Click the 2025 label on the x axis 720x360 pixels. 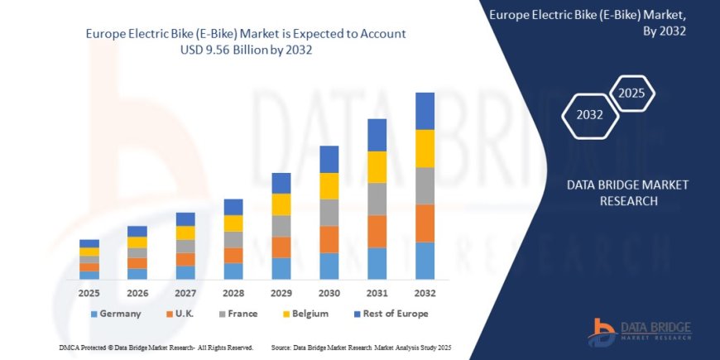point(89,293)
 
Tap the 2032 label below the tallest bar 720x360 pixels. point(425,293)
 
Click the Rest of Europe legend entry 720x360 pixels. point(391,314)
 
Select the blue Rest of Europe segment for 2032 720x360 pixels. point(425,110)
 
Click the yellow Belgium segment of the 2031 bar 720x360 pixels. point(377,166)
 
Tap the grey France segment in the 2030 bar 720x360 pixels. point(329,212)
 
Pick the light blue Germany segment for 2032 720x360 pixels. point(425,260)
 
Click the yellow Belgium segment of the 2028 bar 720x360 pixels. point(233,223)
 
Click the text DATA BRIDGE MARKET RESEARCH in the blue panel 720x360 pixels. point(627,192)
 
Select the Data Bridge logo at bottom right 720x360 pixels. point(641,331)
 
